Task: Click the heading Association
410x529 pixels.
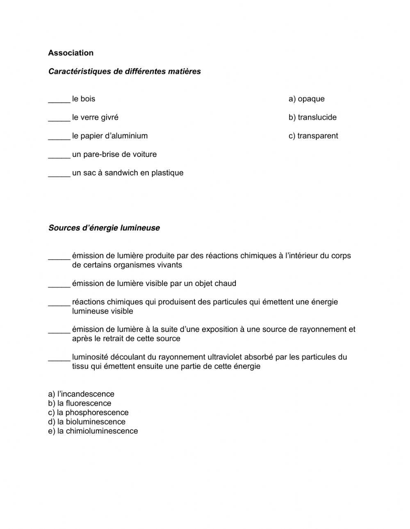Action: (71, 53)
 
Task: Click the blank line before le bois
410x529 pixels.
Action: (59, 100)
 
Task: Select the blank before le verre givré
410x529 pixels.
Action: (59, 119)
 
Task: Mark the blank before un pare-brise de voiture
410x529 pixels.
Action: (59, 156)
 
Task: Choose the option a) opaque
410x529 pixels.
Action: (306, 99)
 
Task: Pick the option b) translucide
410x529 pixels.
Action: (312, 118)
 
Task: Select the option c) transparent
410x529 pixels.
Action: (313, 136)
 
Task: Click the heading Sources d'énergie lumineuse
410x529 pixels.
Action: (104, 228)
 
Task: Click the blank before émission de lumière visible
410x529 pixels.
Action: (59, 285)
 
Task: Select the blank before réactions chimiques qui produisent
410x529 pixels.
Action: (59, 304)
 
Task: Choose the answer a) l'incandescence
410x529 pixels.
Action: (81, 394)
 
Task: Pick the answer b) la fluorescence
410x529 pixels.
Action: (80, 403)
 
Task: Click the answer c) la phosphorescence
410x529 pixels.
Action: (88, 413)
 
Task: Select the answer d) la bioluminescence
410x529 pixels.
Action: (87, 422)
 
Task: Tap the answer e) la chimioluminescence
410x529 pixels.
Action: (93, 431)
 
